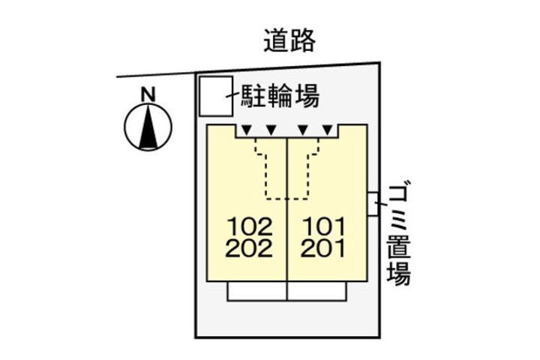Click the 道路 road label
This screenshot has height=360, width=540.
(x=289, y=41)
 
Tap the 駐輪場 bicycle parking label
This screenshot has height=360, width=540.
(x=280, y=96)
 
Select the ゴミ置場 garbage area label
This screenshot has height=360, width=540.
(x=399, y=235)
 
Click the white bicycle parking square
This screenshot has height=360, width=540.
(x=216, y=96)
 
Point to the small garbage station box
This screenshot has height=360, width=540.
(x=373, y=204)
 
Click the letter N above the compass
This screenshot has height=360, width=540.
(x=148, y=94)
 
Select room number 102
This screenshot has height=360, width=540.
(x=250, y=226)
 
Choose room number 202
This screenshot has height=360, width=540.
(x=249, y=248)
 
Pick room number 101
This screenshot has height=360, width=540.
(x=323, y=226)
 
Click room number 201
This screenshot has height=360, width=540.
(x=322, y=248)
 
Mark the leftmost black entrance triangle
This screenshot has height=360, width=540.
(x=246, y=130)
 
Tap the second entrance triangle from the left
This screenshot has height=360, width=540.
(x=271, y=130)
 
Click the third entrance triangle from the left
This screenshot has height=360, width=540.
(x=303, y=130)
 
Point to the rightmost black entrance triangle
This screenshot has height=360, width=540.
(x=328, y=130)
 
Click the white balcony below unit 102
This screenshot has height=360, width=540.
(x=257, y=291)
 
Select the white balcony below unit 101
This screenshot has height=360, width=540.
(x=316, y=291)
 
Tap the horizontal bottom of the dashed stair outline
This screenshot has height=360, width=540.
(x=287, y=199)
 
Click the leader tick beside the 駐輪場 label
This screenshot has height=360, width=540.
(x=232, y=95)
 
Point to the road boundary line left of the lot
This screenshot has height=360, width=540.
(x=156, y=75)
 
